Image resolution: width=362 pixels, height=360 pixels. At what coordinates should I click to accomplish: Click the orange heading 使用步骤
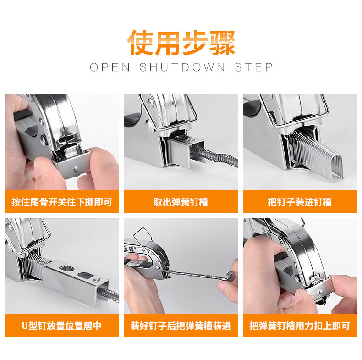click(x=181, y=43)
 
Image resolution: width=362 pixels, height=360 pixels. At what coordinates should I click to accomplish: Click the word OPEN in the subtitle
click(x=110, y=67)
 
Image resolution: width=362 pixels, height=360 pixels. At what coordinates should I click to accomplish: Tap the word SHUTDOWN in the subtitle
click(x=182, y=67)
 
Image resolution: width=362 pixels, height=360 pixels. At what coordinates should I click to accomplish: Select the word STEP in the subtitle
click(x=254, y=67)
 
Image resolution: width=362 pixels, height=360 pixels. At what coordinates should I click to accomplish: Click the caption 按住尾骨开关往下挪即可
click(x=62, y=202)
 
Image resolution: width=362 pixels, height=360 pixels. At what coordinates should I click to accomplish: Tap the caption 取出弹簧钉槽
click(x=181, y=202)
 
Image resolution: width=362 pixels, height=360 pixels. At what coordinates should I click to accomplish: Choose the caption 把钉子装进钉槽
click(x=300, y=202)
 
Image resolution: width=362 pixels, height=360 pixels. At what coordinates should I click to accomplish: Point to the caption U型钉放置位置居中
click(x=62, y=326)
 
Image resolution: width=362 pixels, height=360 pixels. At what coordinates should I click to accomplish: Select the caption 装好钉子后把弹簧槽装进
click(x=181, y=326)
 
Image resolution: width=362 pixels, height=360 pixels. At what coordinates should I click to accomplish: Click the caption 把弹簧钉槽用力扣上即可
click(x=300, y=326)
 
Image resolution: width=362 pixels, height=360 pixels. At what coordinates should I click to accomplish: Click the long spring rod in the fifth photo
click(x=198, y=274)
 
